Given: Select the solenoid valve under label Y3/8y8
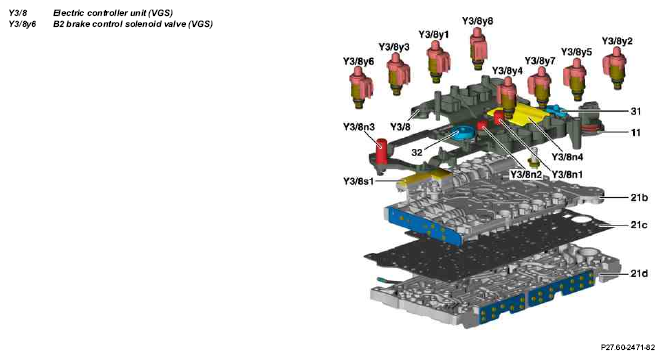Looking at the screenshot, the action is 478,48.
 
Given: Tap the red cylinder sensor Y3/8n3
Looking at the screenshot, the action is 382,151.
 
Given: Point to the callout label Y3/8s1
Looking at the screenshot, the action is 358,181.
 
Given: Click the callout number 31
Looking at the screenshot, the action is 636,111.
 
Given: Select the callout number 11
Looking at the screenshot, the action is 636,133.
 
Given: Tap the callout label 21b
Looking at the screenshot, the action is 639,197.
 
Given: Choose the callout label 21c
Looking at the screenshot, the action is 639,225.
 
